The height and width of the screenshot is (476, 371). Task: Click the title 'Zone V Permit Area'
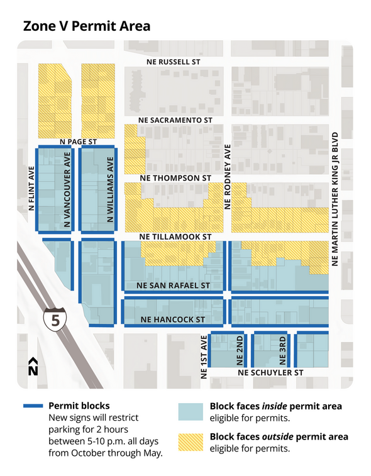[87, 26]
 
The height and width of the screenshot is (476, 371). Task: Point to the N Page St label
[77, 142]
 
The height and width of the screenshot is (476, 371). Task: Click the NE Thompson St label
[175, 178]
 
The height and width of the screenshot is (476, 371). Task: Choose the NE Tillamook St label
[175, 236]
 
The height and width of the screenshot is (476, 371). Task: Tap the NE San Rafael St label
[172, 285]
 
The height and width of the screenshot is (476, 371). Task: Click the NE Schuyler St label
[271, 373]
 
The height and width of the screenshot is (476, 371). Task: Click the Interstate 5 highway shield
[55, 319]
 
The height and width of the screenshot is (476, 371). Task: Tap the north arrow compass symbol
[33, 367]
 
